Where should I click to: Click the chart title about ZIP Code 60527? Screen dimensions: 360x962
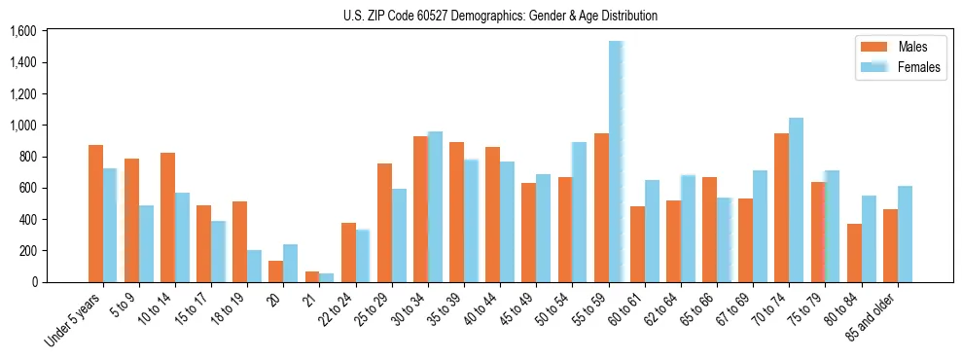[500, 16]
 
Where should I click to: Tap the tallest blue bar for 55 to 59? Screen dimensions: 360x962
[616, 162]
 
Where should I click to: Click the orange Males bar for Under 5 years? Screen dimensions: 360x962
[95, 213]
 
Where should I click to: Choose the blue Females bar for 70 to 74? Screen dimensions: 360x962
[796, 199]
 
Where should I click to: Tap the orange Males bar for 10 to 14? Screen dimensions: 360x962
[167, 217]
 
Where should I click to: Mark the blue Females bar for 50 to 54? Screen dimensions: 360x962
[580, 212]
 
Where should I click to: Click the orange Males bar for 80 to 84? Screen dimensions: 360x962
[854, 253]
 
